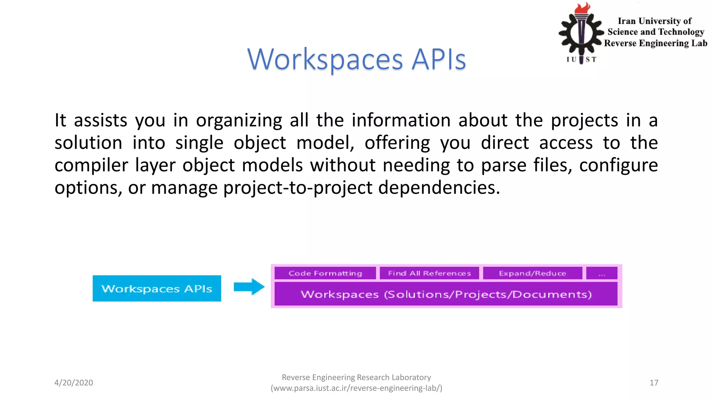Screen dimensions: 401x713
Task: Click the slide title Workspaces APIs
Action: coord(356,59)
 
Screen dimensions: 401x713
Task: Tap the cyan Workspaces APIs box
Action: coord(157,288)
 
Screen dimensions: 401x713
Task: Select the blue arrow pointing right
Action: coord(249,287)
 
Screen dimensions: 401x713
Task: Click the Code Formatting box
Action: coord(325,273)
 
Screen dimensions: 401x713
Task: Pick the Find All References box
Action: coord(429,273)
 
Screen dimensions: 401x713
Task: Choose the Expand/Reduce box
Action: coord(532,273)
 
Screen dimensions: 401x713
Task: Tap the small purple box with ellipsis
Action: coord(602,273)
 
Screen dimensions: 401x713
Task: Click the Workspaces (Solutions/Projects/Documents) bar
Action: coord(446,294)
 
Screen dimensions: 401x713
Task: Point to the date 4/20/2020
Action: coord(73,383)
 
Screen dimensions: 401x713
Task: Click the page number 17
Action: coord(654,383)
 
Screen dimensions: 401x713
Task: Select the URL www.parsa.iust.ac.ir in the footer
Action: coord(356,388)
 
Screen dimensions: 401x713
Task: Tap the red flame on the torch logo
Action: coord(582,8)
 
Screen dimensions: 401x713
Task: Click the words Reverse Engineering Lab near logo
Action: coord(656,43)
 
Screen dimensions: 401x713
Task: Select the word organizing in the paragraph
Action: coord(239,120)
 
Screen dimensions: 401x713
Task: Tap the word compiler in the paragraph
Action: coord(91,165)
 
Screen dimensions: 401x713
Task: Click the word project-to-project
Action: coord(298,188)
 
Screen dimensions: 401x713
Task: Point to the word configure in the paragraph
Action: coord(618,165)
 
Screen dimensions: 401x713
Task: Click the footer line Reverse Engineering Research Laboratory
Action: coord(356,377)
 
